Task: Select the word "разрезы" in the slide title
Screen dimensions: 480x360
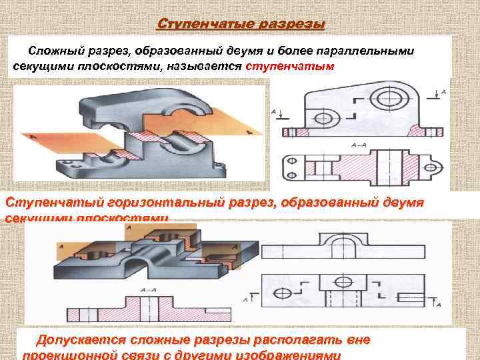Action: [x=290, y=25]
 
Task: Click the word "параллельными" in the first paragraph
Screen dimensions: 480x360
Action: [x=362, y=51]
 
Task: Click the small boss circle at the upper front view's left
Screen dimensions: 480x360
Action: [x=321, y=118]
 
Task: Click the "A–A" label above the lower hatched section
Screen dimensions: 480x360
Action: [x=149, y=290]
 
